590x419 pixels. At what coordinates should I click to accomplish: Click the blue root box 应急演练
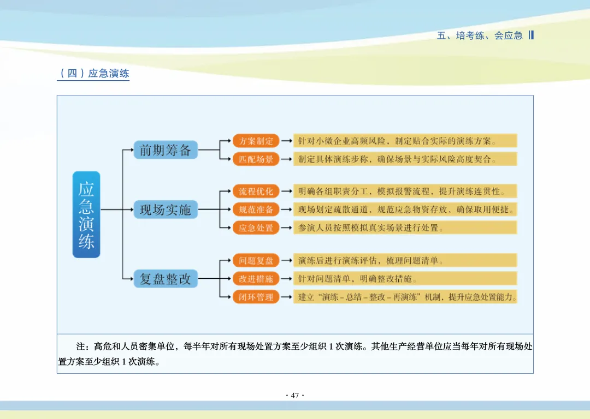[86, 214]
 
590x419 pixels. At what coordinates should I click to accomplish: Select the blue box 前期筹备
[166, 150]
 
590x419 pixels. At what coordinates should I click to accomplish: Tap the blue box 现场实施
[166, 209]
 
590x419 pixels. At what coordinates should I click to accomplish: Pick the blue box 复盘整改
[166, 278]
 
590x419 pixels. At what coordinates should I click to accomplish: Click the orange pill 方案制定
[256, 141]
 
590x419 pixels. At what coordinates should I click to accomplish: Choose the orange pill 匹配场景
[256, 159]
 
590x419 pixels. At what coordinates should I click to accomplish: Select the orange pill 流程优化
[256, 191]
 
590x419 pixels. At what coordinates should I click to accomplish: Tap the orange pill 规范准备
[256, 209]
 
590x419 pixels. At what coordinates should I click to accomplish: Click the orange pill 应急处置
[256, 228]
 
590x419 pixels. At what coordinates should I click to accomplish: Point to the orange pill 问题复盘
[256, 260]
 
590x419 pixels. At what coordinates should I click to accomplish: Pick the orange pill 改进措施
[256, 278]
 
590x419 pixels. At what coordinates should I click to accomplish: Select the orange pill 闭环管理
[256, 297]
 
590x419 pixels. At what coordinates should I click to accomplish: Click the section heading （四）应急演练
[94, 73]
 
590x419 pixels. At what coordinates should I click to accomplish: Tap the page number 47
[295, 396]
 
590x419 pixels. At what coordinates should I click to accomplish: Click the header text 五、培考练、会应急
[480, 35]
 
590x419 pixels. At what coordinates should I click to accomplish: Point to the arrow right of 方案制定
[287, 141]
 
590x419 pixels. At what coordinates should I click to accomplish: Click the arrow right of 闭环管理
[287, 297]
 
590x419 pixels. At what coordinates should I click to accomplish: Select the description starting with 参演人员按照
[370, 228]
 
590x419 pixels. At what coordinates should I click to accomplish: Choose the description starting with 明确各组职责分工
[402, 191]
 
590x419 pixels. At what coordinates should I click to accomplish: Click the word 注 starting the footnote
[80, 346]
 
